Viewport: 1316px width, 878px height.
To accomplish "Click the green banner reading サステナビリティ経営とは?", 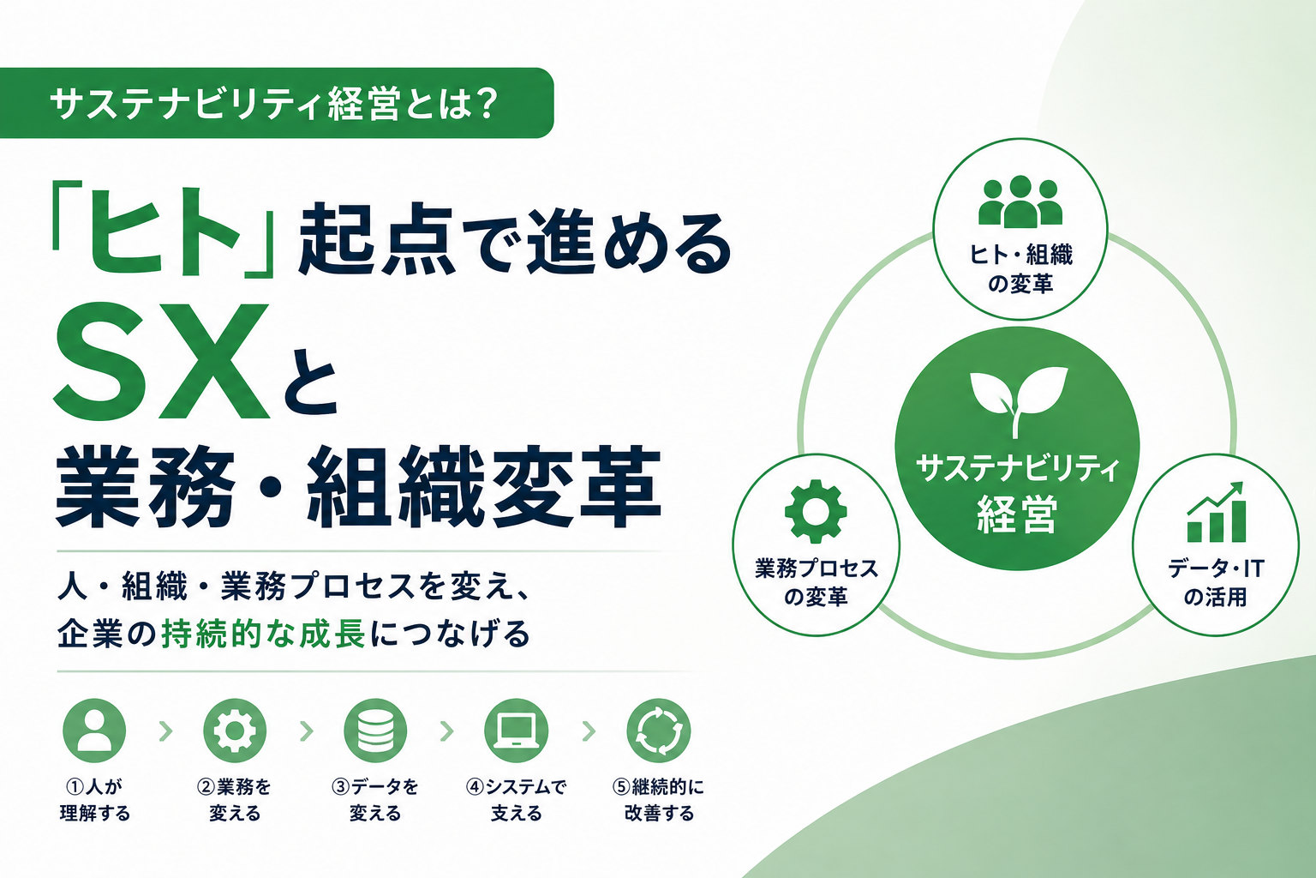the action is pos(276,104).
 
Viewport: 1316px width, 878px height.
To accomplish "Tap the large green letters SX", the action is pos(162,361).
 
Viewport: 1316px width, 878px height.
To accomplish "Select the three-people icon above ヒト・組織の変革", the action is pos(1020,201).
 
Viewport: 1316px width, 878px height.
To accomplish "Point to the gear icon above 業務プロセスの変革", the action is pos(816,511).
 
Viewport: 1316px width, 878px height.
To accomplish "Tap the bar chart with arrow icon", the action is pos(1216,512).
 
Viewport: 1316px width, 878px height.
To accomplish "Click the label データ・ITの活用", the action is pos(1216,583).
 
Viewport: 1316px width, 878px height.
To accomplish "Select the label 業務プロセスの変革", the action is pos(816,583).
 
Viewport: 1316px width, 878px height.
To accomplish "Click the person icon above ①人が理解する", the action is pos(94,731).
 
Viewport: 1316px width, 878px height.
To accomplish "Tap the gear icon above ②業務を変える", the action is pos(235,731).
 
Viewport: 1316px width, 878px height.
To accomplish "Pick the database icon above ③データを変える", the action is pos(375,731).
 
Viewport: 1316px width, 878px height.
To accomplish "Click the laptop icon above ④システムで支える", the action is pos(516,731).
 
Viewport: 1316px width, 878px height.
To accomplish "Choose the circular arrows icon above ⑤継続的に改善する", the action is pos(659,731).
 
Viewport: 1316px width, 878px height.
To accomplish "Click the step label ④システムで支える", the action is pos(516,800).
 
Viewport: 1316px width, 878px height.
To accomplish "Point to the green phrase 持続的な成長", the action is pos(264,634).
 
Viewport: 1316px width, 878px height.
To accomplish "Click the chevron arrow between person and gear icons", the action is pos(166,731).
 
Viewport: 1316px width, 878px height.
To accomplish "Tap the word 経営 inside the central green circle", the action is pos(1017,514).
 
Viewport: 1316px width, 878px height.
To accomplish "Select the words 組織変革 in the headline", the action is pos(484,486).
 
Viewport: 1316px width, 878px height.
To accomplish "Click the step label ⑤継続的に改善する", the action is pos(659,800).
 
